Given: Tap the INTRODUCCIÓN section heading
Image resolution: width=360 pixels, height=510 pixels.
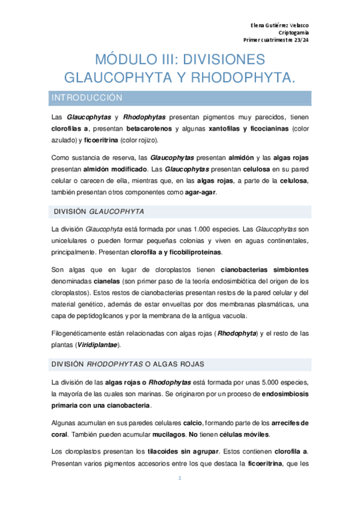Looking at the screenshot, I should tap(87, 97).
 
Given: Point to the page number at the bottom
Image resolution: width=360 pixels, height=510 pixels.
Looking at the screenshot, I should tap(180, 478).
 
